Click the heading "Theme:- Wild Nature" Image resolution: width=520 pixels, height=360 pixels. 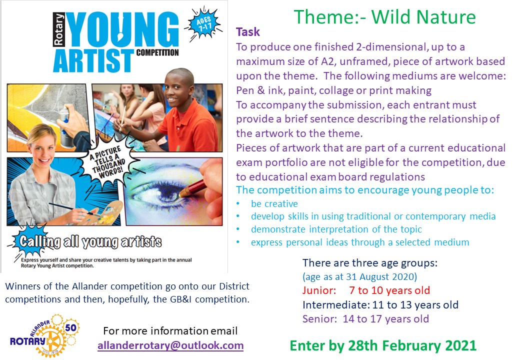(384, 17)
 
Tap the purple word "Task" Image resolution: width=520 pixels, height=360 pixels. (247, 32)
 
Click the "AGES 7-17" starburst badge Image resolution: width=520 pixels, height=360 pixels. (203, 24)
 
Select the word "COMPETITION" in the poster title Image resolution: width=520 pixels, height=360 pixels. (157, 52)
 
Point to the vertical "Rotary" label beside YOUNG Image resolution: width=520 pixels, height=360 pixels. (58, 29)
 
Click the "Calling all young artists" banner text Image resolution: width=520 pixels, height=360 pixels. (90, 241)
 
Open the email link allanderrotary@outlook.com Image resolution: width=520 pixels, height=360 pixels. (170, 345)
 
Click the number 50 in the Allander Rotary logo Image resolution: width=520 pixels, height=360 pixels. (70, 328)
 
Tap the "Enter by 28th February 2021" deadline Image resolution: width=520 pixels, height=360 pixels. (383, 345)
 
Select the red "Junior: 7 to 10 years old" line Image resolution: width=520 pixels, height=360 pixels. (366, 290)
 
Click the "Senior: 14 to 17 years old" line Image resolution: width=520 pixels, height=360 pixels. (365, 319)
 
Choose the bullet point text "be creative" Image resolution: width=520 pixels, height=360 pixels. (274, 203)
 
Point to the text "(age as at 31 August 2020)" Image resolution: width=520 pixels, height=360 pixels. (359, 277)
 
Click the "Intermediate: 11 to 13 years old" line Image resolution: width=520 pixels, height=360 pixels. (380, 304)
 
